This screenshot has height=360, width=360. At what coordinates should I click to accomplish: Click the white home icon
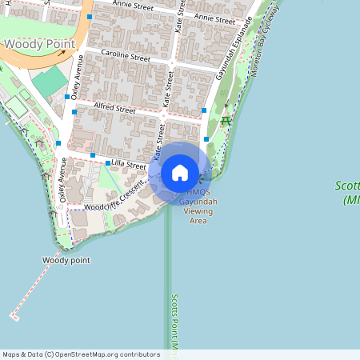[180, 172]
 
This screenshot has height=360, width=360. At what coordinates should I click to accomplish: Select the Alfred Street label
[114, 107]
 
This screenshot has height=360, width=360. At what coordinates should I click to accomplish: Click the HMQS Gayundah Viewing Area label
[198, 206]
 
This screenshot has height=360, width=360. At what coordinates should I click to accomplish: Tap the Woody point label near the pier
[66, 260]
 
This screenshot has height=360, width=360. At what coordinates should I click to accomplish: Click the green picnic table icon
[226, 120]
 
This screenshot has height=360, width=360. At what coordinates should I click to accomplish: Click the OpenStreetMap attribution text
[81, 354]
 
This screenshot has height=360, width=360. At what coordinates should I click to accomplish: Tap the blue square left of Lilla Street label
[109, 163]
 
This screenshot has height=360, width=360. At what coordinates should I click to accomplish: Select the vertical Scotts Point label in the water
[174, 324]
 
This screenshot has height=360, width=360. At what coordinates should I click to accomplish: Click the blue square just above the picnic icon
[205, 110]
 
